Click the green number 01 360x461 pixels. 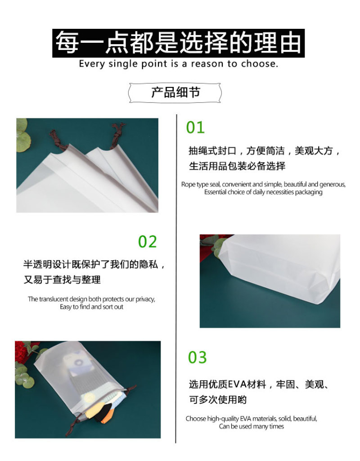click(195, 127)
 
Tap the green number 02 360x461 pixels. click(148, 242)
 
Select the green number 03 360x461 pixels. click(197, 357)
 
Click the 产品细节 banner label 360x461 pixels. click(175, 92)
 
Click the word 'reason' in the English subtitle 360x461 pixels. click(207, 63)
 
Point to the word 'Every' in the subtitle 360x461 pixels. click(92, 64)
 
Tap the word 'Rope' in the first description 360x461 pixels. click(188, 184)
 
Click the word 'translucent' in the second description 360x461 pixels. click(54, 299)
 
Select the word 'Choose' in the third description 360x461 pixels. click(196, 418)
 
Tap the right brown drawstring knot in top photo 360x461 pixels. click(117, 135)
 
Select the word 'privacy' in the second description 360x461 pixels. click(145, 299)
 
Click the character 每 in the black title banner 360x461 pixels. click(67, 43)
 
